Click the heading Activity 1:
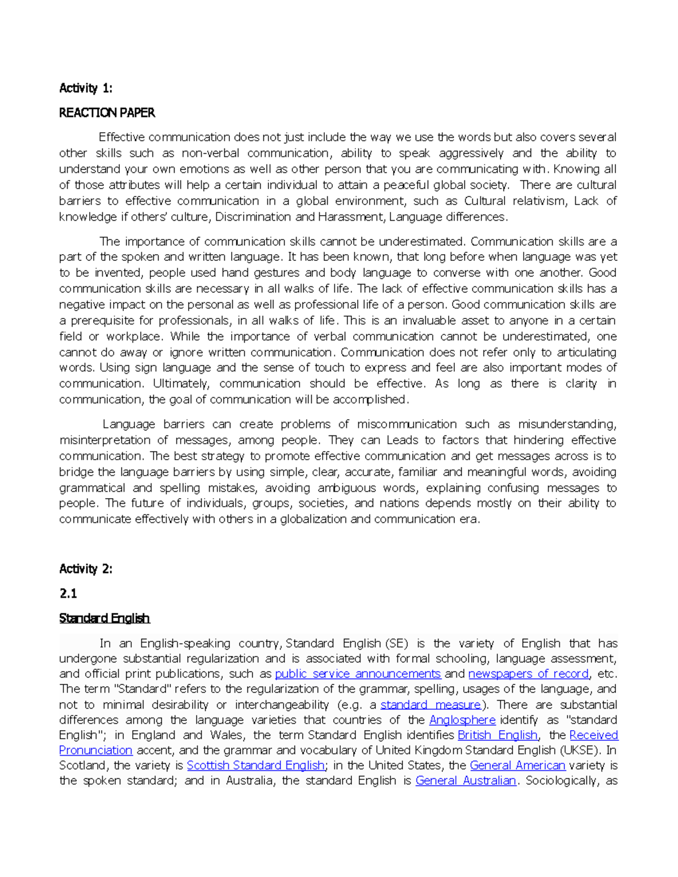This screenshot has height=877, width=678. [86, 88]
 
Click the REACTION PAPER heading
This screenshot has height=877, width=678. [107, 113]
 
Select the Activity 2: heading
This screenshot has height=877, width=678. [86, 569]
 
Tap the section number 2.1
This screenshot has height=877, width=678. [68, 594]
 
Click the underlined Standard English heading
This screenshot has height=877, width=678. [105, 618]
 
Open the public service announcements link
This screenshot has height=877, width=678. [358, 674]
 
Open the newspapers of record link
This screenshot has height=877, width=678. [528, 674]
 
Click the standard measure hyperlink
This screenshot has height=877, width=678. [431, 705]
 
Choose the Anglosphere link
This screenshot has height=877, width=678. [462, 720]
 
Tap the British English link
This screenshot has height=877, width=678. [497, 735]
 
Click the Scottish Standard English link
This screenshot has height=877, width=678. [255, 766]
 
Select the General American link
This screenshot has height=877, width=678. [518, 766]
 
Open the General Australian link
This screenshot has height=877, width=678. [466, 781]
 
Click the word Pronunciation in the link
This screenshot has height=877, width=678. [95, 751]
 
